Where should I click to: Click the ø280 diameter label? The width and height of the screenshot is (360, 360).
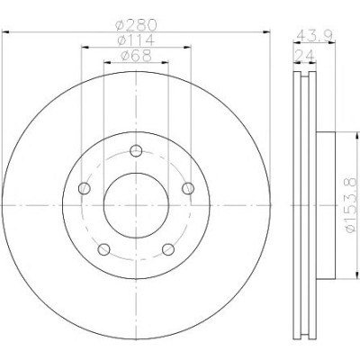coord(136,25)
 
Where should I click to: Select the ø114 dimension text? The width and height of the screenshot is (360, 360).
coord(136,40)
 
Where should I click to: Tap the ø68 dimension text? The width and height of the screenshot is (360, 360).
coord(136,56)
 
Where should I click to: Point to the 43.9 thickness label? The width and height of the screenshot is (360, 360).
coord(314,37)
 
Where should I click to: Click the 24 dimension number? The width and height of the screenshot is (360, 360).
coord(305,56)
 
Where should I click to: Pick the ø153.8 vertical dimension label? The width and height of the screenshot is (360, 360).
coord(351,205)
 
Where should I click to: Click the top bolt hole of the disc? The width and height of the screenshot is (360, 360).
coord(136,150)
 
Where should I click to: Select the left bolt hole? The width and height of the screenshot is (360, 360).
coord(85,188)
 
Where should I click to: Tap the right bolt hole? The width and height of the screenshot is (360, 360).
coord(188,188)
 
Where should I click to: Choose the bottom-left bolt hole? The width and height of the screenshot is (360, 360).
coord(104,249)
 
